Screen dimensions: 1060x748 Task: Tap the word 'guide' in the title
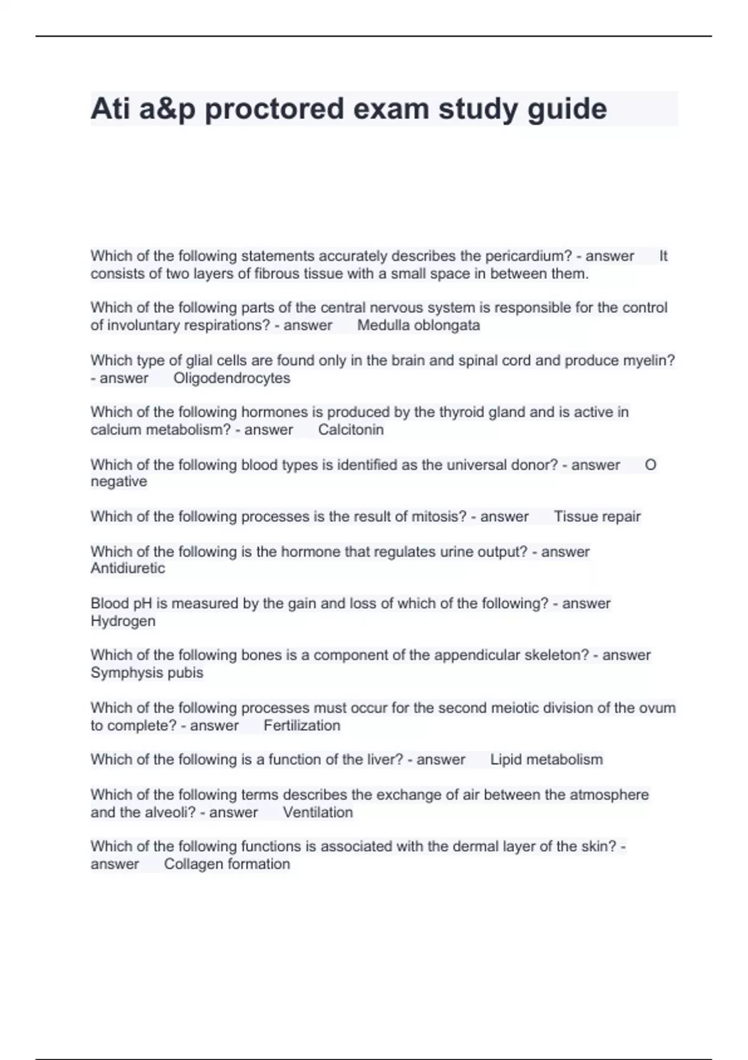(x=567, y=109)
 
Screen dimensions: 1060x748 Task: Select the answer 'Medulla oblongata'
(x=418, y=325)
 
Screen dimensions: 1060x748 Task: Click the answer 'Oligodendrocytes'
(x=232, y=378)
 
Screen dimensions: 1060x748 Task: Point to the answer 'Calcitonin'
(x=351, y=430)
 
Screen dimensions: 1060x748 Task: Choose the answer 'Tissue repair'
(x=597, y=516)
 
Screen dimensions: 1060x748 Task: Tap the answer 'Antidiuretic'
(x=128, y=569)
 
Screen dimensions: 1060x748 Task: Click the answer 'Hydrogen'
(x=123, y=621)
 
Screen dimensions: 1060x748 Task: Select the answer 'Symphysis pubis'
(x=146, y=673)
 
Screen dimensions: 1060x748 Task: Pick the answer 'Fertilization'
(x=302, y=725)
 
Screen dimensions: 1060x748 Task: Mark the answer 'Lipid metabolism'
(x=546, y=759)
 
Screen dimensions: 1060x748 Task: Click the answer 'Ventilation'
(x=318, y=812)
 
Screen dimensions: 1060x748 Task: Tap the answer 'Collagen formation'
(x=227, y=864)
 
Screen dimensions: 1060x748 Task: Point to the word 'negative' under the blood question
(x=118, y=482)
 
